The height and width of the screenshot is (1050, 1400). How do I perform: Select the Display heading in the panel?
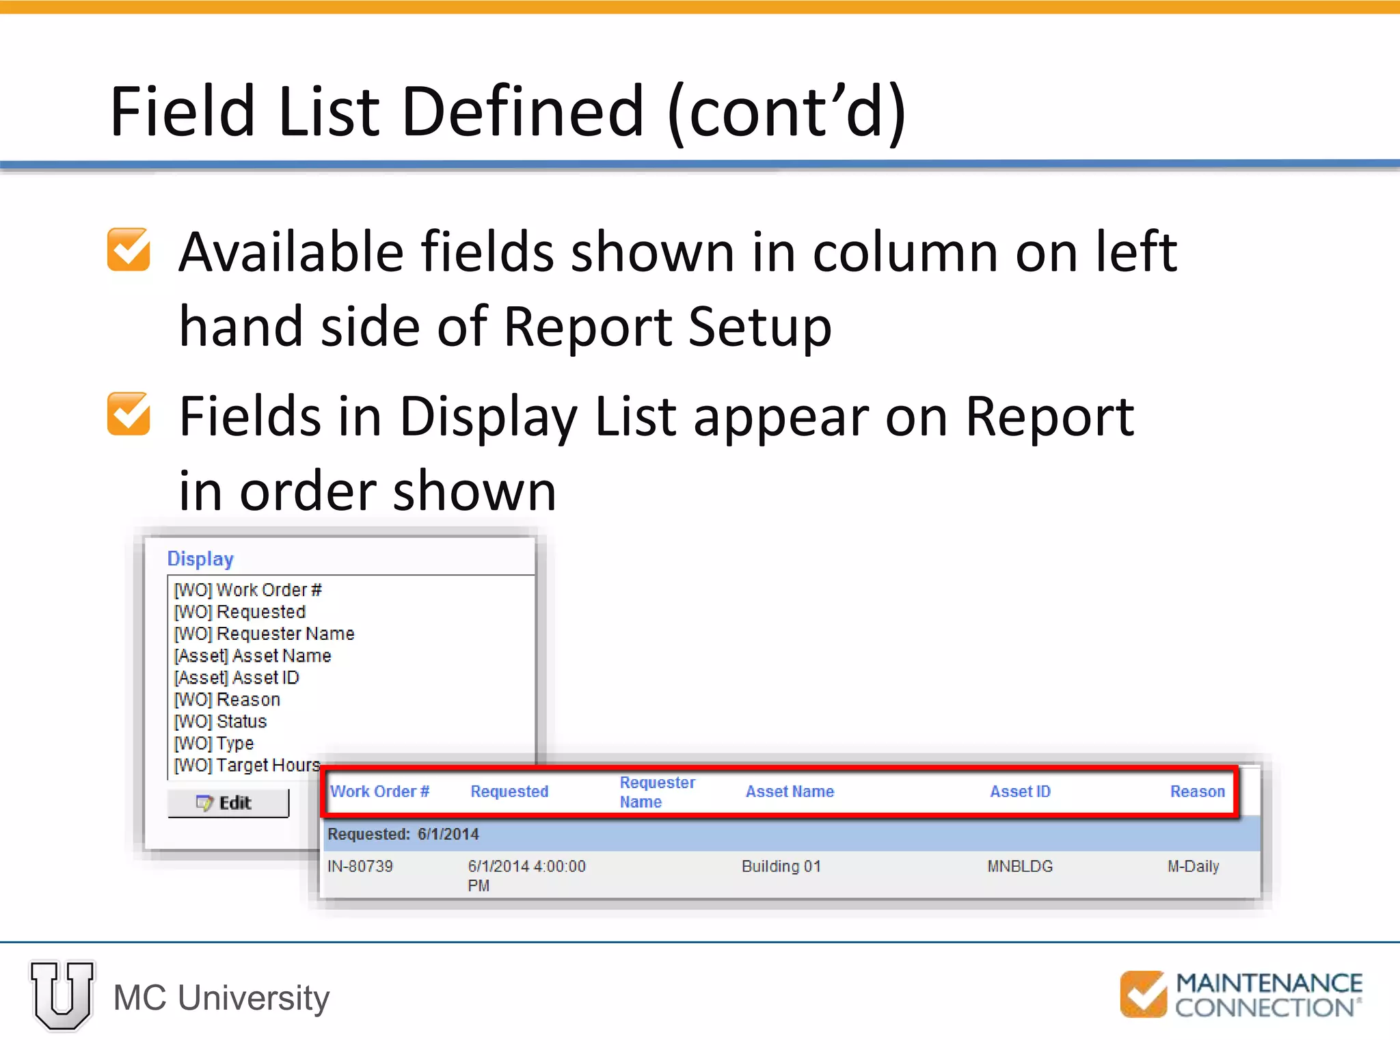point(200,559)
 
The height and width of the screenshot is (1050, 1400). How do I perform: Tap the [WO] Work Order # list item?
point(247,590)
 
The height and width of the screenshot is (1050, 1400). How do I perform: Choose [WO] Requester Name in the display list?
point(264,634)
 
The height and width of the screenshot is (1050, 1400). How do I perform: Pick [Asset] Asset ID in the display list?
point(237,677)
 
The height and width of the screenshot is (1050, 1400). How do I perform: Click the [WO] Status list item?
point(220,721)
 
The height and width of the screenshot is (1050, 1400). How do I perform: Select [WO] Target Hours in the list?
point(247,765)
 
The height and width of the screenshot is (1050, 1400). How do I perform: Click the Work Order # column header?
point(379,792)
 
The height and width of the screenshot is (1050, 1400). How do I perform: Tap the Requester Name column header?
point(657,792)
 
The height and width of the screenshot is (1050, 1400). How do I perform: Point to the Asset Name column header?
point(790,792)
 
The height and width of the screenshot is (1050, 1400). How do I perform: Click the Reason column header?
point(1197,792)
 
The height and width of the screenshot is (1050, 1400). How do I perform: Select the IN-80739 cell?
point(360,867)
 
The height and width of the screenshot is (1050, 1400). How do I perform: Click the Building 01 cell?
point(781,867)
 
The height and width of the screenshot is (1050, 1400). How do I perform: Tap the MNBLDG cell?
point(1019,867)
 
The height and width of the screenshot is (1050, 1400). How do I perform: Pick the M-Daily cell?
point(1193,867)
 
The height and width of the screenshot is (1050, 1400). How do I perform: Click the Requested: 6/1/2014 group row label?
point(403,835)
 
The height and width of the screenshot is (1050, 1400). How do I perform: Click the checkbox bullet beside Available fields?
point(129,250)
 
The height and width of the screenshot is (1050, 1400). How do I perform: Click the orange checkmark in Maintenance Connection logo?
point(1143,994)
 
